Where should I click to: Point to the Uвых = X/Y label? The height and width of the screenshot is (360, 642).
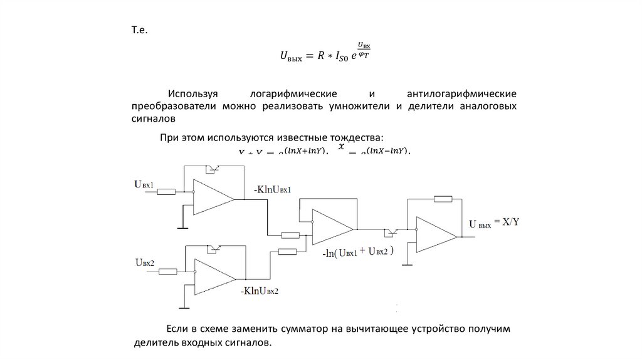point(494,223)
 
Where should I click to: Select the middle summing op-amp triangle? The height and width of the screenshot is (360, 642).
point(330,227)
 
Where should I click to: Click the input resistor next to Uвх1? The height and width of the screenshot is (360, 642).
point(167,192)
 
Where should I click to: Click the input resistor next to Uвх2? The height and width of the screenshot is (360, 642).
point(168,272)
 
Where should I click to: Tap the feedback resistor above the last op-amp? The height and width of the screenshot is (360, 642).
point(443,199)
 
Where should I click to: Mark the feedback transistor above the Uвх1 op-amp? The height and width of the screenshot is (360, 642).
point(213,168)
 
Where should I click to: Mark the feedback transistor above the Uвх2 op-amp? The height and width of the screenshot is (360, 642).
point(215,248)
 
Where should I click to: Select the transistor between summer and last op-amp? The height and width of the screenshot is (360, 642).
point(391,232)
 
